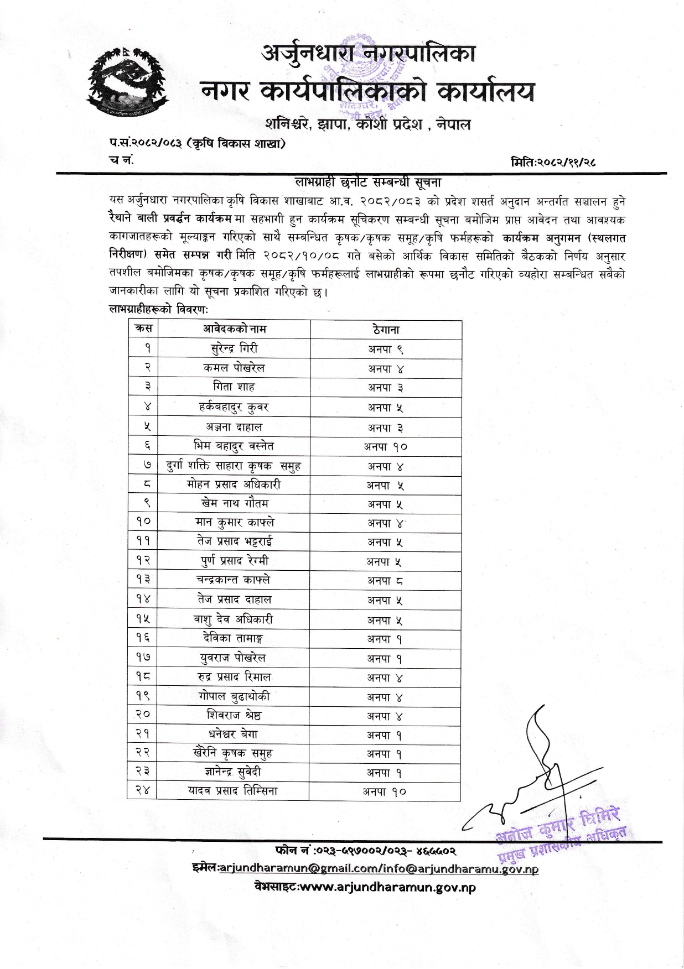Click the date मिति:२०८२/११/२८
tap(553, 162)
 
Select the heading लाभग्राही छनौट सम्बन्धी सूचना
tap(367, 183)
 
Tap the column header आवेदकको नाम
tap(234, 329)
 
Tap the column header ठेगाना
tap(386, 330)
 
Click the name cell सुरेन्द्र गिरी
tap(234, 348)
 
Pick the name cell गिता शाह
tap(234, 387)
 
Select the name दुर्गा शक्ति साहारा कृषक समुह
tap(234, 466)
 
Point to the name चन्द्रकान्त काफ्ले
tap(233, 580)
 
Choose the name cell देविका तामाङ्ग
tap(233, 638)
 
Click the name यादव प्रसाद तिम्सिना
tap(233, 791)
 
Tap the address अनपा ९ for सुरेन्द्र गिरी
tap(386, 349)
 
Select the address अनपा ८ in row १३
tap(385, 580)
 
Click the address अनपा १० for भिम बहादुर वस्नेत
tap(385, 446)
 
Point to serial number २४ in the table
tap(143, 791)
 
